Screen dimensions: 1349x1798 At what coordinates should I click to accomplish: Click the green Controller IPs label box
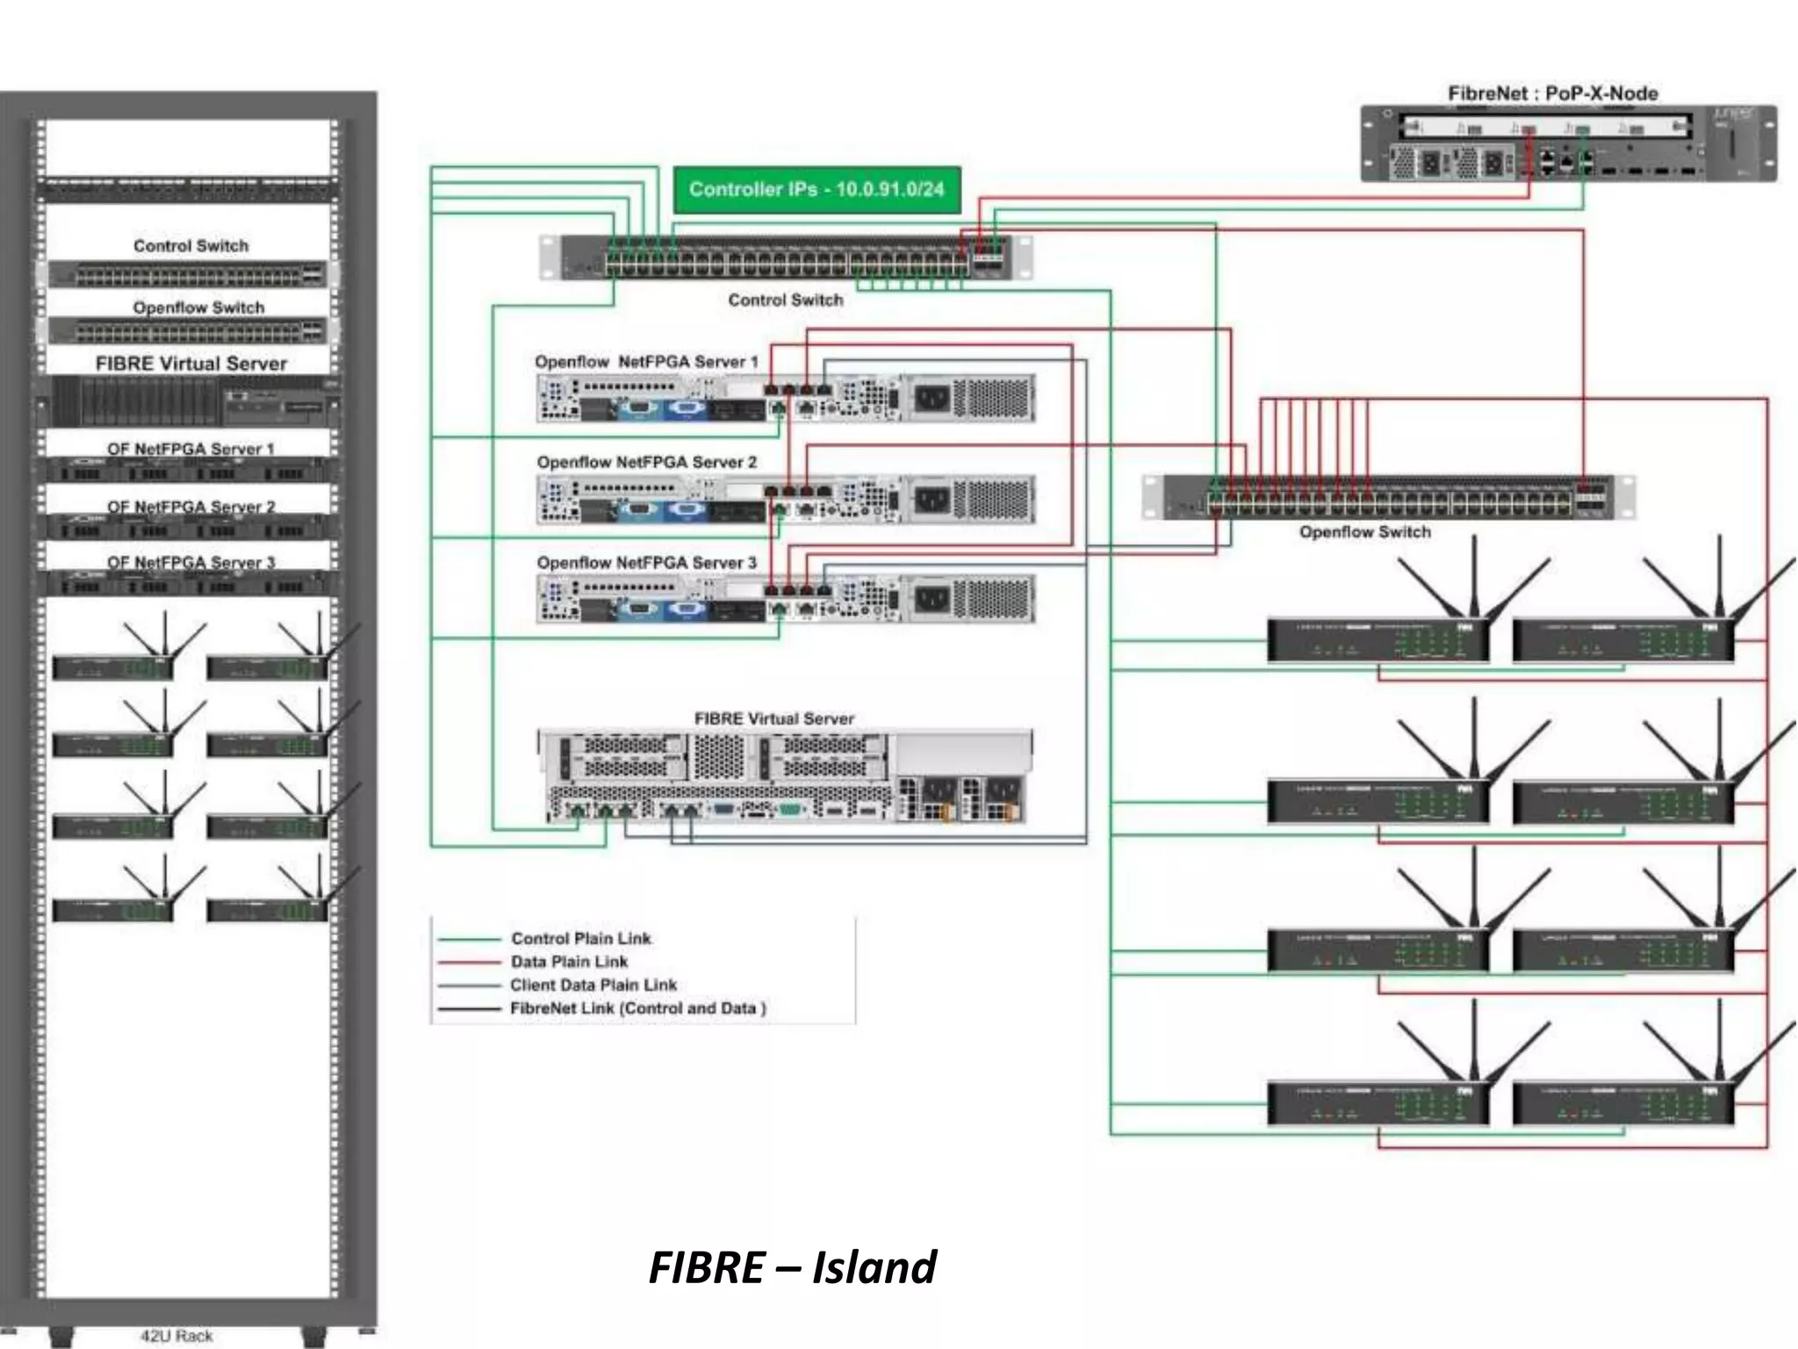pos(816,190)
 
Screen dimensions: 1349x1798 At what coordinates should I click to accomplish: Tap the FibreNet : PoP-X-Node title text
pos(1552,93)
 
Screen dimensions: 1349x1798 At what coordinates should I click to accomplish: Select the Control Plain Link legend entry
pos(580,938)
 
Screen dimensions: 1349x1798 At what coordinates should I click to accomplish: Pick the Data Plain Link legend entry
pos(569,962)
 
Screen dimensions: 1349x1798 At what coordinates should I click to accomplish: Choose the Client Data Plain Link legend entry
pos(593,985)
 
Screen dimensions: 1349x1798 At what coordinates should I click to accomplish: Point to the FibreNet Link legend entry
pos(637,1008)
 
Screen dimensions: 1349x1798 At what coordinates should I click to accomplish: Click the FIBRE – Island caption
pos(792,1267)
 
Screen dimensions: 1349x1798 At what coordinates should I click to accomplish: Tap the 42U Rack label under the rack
pos(176,1336)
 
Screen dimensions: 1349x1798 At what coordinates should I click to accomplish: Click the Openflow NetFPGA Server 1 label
pos(646,362)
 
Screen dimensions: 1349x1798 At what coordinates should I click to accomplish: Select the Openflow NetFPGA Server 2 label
pos(646,462)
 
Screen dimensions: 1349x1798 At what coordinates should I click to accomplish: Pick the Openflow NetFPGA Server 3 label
pos(646,562)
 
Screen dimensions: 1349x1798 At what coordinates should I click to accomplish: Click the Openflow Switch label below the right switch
pos(1364,532)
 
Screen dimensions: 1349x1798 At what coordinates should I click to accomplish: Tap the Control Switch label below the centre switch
pos(785,300)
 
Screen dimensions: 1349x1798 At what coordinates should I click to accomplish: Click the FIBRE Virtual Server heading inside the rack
pos(191,364)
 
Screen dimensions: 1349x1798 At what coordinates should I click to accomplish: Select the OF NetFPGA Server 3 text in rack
pos(191,562)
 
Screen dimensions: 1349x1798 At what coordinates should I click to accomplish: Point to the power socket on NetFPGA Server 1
pos(931,400)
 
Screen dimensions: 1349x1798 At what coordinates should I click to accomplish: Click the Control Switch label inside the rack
pos(191,246)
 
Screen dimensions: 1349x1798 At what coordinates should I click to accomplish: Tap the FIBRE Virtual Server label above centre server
pos(773,718)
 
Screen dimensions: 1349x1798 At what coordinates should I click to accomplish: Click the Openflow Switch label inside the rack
pos(198,307)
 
